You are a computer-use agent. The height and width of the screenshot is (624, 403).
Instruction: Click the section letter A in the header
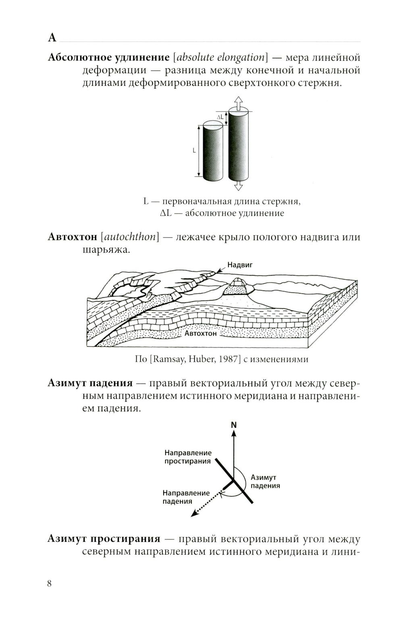point(52,38)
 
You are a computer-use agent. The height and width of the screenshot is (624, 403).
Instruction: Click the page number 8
point(50,584)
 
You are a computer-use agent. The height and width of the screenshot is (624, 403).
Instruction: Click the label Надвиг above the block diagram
point(240,265)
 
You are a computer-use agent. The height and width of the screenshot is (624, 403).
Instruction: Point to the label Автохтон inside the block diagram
point(201,334)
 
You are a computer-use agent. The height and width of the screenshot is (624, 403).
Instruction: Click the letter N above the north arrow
point(234,425)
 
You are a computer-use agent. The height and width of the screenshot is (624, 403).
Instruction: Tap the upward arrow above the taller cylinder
point(238,103)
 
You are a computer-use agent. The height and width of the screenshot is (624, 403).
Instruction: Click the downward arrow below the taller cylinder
point(238,185)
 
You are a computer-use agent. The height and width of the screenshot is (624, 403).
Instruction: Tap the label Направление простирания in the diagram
point(188,457)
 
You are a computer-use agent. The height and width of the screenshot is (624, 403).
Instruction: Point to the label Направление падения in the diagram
point(186,497)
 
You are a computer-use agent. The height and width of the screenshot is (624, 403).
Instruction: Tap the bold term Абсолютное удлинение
point(108,57)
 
